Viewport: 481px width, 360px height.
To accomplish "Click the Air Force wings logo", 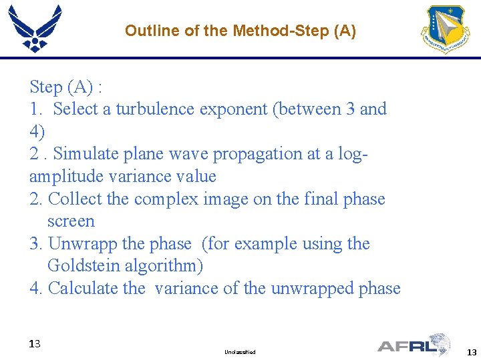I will click(x=35, y=28).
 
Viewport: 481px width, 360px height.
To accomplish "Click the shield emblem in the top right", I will click(x=445, y=30).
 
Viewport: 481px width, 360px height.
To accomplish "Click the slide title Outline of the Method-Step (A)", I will click(x=240, y=31).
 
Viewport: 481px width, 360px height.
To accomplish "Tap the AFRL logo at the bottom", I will click(x=414, y=345).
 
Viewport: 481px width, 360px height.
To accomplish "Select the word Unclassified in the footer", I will click(x=240, y=351).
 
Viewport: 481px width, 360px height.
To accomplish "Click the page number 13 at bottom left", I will click(x=35, y=344).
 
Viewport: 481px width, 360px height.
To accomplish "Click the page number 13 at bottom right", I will click(x=472, y=352).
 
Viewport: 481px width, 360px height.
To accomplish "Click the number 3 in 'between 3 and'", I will click(x=351, y=109).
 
